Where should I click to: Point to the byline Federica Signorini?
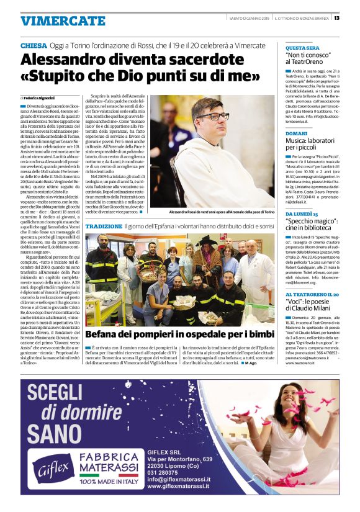[x=39, y=98]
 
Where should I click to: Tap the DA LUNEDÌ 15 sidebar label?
[x=302, y=214]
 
